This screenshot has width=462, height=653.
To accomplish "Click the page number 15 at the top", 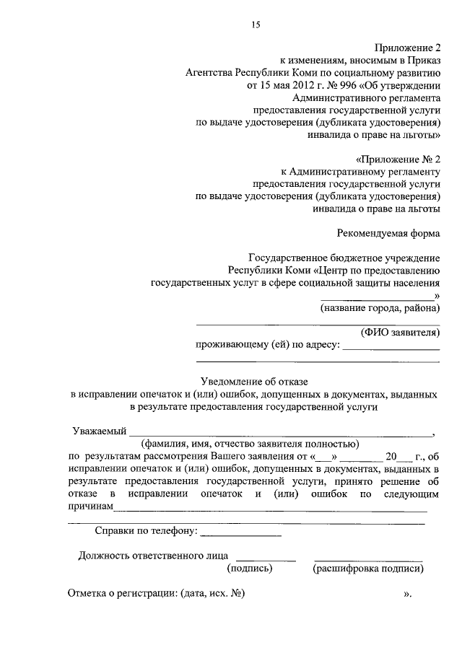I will click(255, 25).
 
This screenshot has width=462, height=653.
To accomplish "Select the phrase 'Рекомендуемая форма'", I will click(388, 233).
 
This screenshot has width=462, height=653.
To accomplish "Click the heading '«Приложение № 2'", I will click(398, 158).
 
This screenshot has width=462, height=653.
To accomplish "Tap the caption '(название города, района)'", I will click(380, 308).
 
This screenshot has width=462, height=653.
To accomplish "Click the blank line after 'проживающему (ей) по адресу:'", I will click(391, 348).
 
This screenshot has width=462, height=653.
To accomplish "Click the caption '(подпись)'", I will click(250, 569).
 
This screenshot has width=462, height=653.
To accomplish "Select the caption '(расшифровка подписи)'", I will click(367, 569).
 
